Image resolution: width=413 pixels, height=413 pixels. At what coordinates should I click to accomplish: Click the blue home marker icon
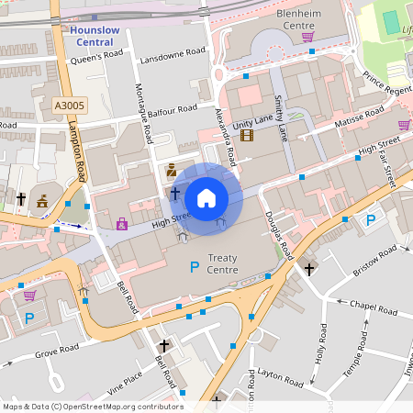(206, 197)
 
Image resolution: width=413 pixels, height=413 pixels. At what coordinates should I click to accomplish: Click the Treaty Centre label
(223, 264)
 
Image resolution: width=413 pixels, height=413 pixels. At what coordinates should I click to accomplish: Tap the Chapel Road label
(370, 307)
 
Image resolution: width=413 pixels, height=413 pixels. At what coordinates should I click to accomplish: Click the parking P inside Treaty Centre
(194, 267)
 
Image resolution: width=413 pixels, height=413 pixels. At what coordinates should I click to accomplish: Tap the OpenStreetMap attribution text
(93, 407)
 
